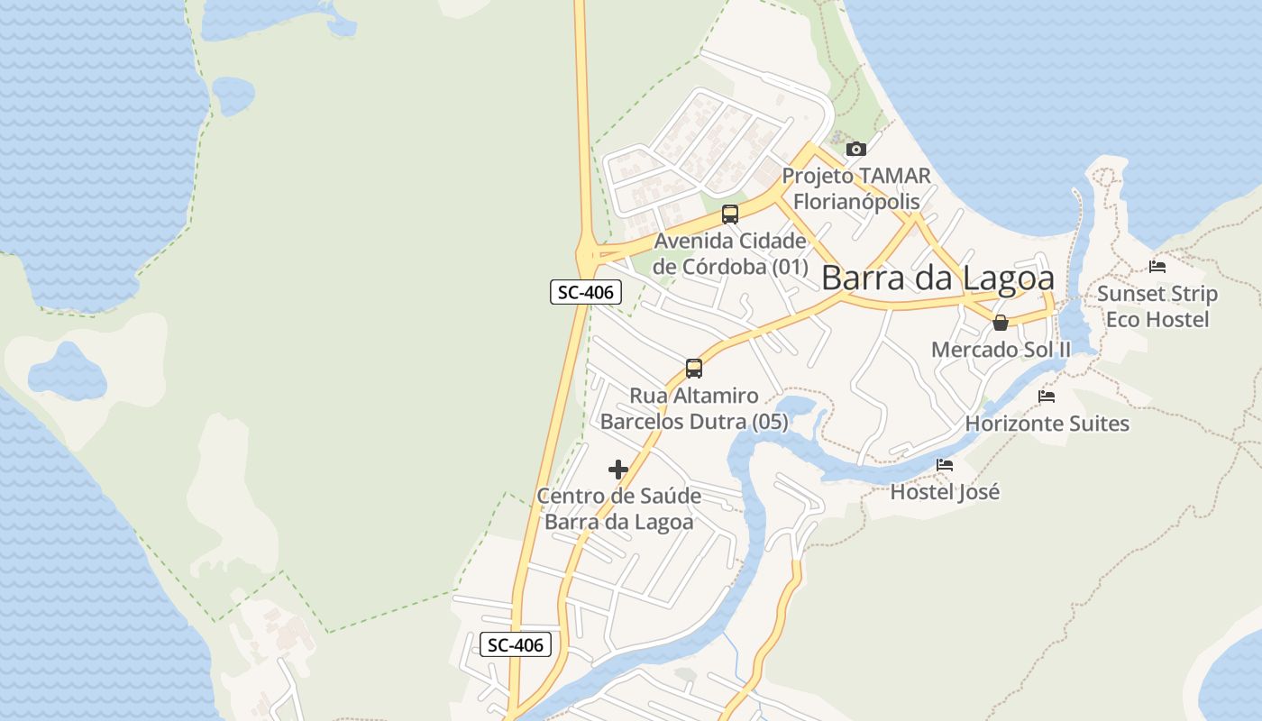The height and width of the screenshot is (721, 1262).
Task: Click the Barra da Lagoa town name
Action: [937, 278]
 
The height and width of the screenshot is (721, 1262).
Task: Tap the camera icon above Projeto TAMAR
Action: [856, 149]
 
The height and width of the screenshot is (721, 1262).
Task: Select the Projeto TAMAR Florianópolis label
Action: [855, 188]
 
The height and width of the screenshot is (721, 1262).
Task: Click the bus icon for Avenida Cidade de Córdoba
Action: [730, 214]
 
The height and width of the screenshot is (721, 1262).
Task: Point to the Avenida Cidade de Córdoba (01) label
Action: [730, 254]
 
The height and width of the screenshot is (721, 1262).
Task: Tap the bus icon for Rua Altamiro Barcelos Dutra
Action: [693, 368]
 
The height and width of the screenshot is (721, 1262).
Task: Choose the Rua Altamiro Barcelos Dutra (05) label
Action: [694, 408]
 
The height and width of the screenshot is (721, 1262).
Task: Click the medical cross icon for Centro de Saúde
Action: [618, 469]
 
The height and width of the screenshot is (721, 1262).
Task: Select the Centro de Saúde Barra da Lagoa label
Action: [619, 509]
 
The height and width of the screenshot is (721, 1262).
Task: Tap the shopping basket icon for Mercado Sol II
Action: [1001, 323]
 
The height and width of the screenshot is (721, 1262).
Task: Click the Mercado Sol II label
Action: [1001, 350]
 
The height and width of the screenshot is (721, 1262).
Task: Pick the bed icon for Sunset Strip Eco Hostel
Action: [1157, 267]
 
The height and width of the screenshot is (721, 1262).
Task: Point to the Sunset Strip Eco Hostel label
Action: [1157, 306]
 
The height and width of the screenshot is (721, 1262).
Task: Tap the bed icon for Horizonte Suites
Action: [1047, 396]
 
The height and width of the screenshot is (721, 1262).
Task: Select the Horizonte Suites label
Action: [1047, 424]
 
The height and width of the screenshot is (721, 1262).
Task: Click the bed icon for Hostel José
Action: [945, 465]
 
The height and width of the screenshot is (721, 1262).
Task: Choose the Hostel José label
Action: [945, 492]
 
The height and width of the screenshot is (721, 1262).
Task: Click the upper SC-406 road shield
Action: [585, 292]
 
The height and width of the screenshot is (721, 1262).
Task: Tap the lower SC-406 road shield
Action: [516, 644]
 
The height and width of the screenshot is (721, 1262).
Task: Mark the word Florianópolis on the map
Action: [856, 201]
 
